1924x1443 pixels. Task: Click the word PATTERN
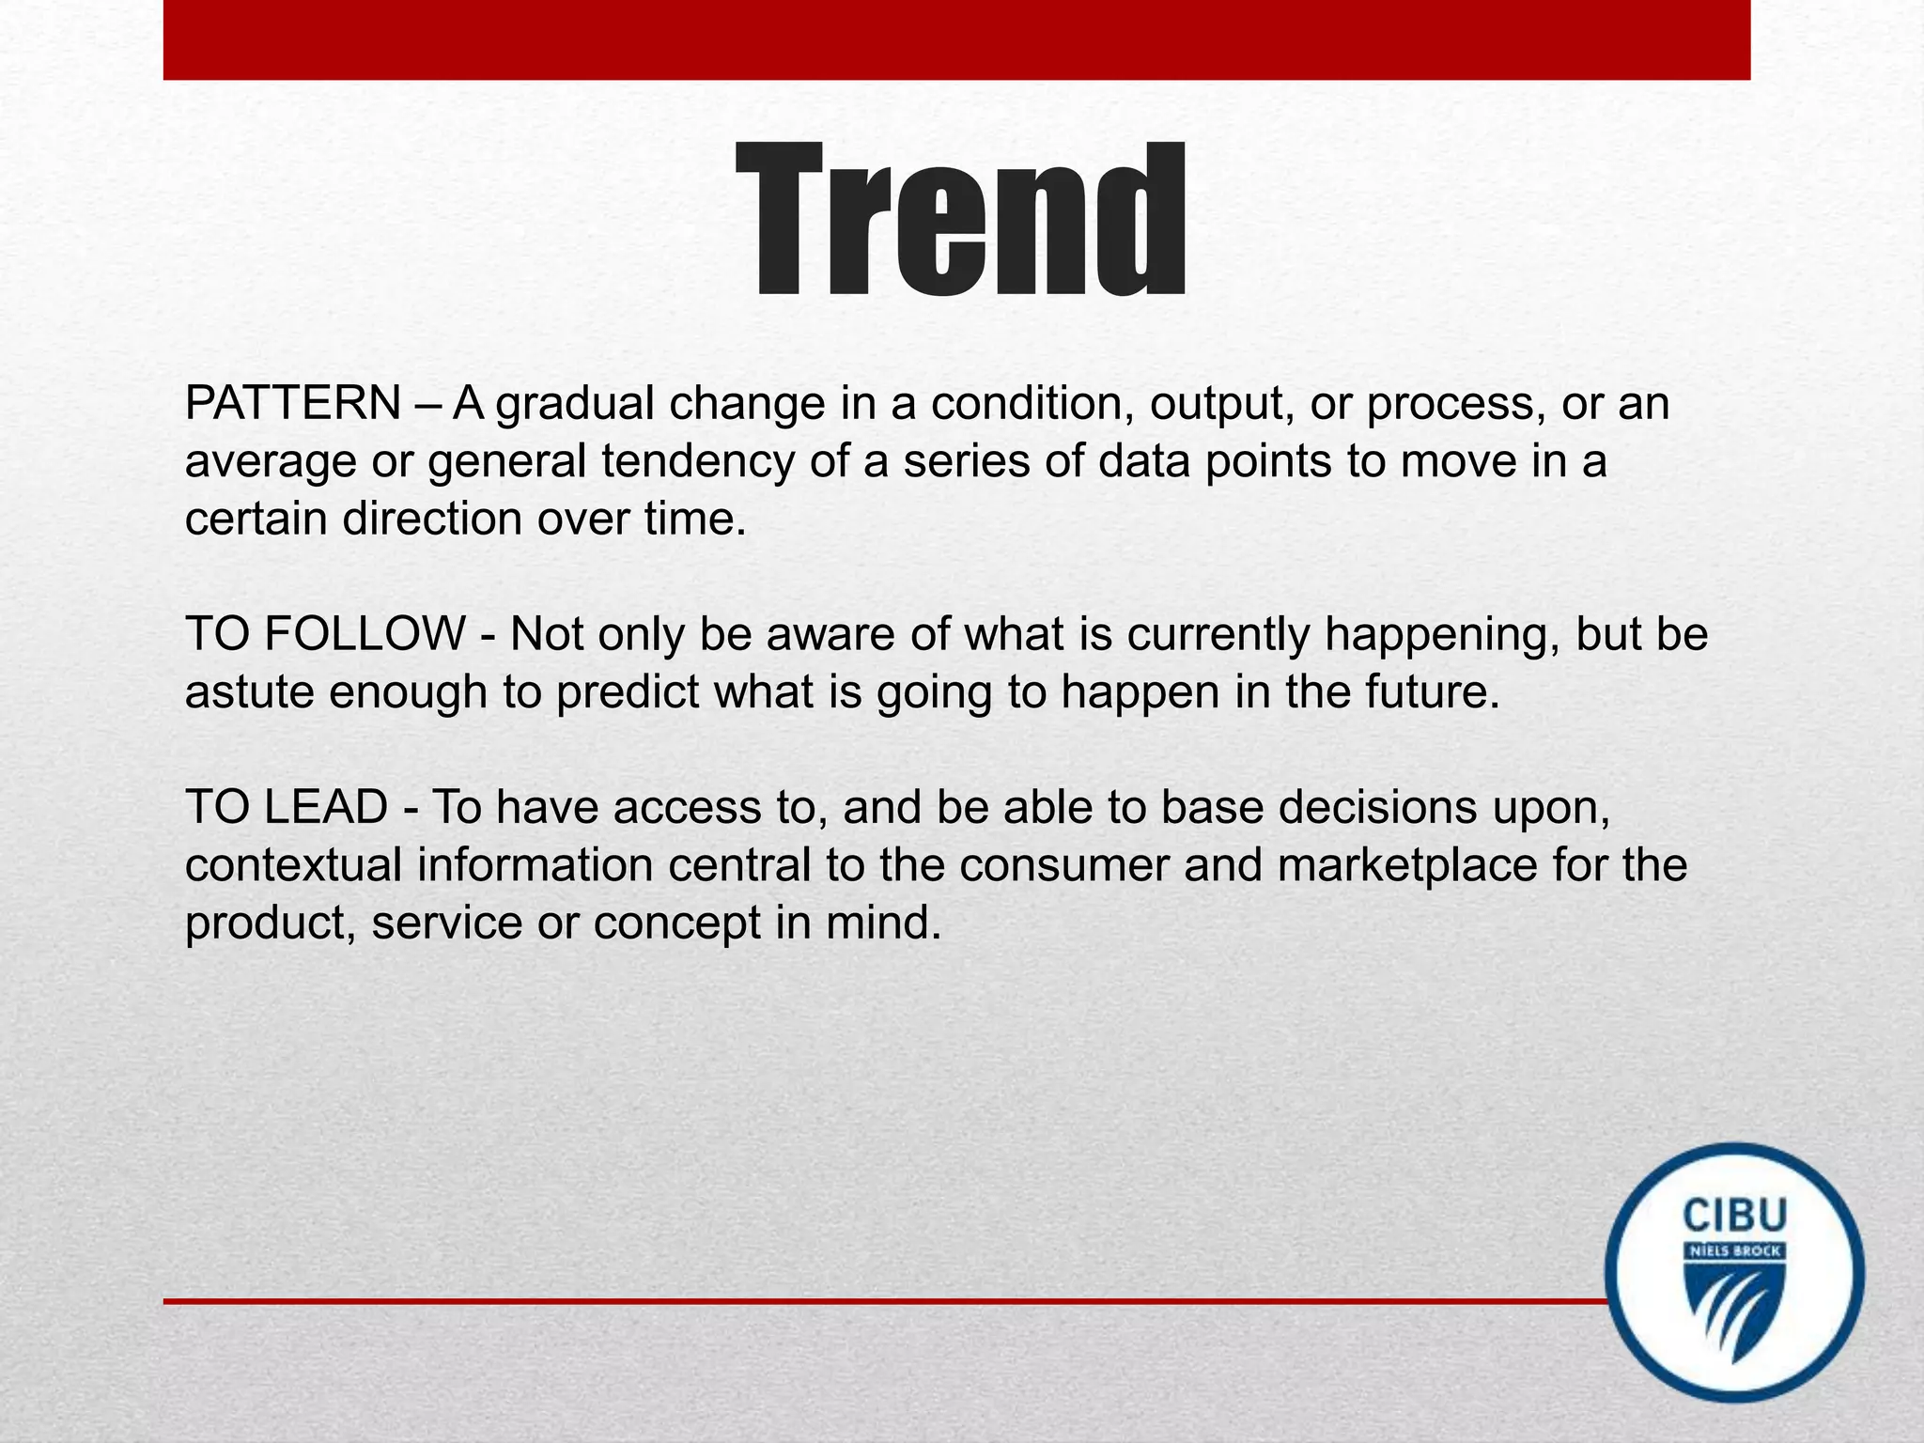point(293,404)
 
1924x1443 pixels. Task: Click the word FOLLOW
point(365,633)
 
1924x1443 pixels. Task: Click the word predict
point(628,692)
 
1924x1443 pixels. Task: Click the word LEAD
point(325,807)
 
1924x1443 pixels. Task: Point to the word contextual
point(294,865)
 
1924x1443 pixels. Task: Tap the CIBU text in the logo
point(1734,1216)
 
